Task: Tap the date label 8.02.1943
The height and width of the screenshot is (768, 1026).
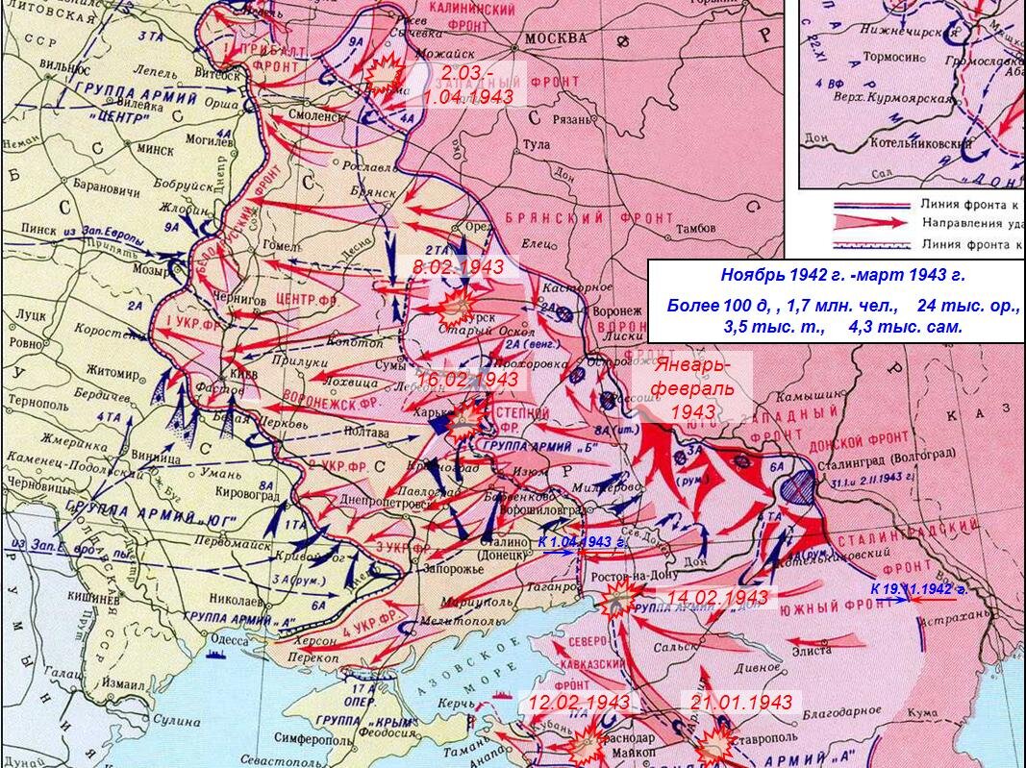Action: click(x=459, y=267)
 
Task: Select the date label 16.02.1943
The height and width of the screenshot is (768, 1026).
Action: click(x=467, y=380)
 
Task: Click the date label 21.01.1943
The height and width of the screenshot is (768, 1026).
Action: click(x=741, y=702)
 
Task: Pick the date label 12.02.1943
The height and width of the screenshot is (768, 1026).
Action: click(x=579, y=702)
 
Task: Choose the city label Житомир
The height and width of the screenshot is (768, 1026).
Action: click(x=113, y=368)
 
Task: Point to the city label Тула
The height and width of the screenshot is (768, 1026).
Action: click(x=535, y=144)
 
